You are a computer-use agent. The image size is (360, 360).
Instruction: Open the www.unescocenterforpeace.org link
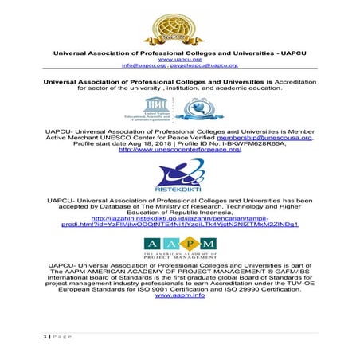[179, 150]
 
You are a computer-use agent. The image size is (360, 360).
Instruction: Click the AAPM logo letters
[178, 243]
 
